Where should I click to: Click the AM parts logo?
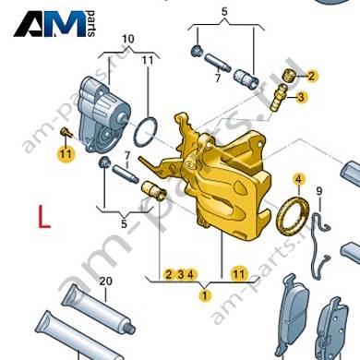pos(54,24)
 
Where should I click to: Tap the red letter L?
pos(44,216)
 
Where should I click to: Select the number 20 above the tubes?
pos(105,281)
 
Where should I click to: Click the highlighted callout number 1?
pos(205,295)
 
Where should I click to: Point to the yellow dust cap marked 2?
pos(289,75)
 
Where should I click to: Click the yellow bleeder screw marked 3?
pos(278,97)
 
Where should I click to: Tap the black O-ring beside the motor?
pos(146,132)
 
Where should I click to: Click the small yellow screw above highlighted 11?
pos(66,132)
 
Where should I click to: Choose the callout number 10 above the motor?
pos(128,39)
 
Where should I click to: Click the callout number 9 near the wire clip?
pos(319,191)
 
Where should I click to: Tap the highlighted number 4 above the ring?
pos(299,179)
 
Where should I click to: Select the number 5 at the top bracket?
pos(224,12)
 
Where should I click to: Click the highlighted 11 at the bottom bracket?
pos(239,273)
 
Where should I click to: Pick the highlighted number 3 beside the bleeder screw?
pos(301,97)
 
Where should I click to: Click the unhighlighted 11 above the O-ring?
pos(148,60)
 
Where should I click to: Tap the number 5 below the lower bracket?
pos(124,223)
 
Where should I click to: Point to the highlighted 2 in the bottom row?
pos(168,274)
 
